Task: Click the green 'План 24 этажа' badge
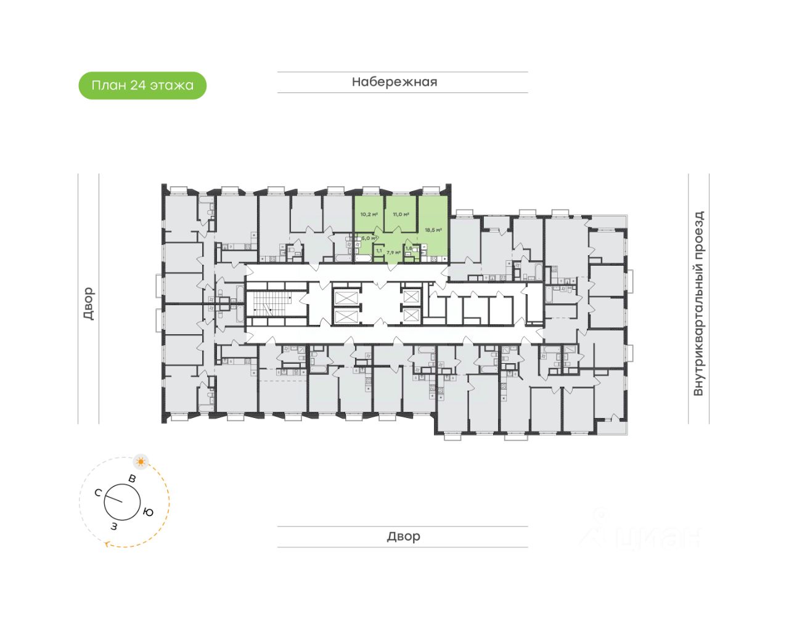pyautogui.click(x=142, y=86)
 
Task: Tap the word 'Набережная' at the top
pyautogui.click(x=394, y=82)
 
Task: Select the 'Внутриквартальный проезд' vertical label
pyautogui.click(x=698, y=303)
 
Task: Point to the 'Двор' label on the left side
pyautogui.click(x=88, y=303)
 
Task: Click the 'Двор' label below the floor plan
pyautogui.click(x=403, y=536)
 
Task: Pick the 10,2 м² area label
pyautogui.click(x=369, y=215)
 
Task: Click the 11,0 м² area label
pyautogui.click(x=401, y=215)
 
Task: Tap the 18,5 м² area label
pyautogui.click(x=433, y=230)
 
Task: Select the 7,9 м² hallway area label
pyautogui.click(x=393, y=252)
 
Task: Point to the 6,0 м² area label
pyautogui.click(x=368, y=238)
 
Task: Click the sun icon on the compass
pyautogui.click(x=141, y=461)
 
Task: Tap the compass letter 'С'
pyautogui.click(x=98, y=492)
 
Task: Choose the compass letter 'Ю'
pyautogui.click(x=148, y=512)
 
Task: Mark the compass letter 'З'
pyautogui.click(x=113, y=526)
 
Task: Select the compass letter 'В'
pyautogui.click(x=131, y=478)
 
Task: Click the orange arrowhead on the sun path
pyautogui.click(x=108, y=544)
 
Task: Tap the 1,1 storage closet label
pyautogui.click(x=378, y=251)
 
